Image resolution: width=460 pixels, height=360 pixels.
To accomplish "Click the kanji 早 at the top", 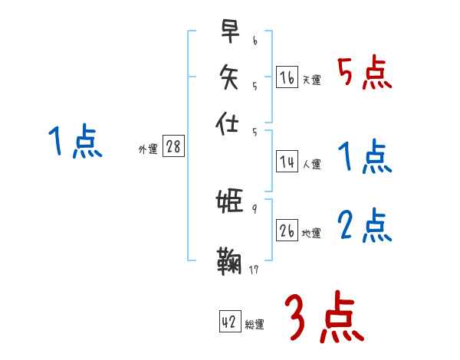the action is [x=228, y=31].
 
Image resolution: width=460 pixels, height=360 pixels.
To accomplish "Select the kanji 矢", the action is [x=228, y=77].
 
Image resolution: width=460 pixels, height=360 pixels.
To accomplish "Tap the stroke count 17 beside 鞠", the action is [x=255, y=269].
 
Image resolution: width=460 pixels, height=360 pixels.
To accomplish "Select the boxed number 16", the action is [x=287, y=77].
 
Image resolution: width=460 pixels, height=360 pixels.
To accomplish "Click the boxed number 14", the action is [x=287, y=162].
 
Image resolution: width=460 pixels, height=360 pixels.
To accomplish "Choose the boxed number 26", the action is [x=287, y=231].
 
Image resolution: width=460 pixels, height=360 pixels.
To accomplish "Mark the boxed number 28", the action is [x=173, y=147].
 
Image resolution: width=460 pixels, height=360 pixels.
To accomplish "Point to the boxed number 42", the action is [x=230, y=322].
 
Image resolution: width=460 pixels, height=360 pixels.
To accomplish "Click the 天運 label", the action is [x=311, y=80].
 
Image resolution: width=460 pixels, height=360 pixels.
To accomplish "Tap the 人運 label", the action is [x=311, y=164].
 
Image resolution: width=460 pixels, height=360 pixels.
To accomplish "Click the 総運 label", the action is [x=255, y=325].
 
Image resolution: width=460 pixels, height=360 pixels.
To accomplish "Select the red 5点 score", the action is [x=364, y=74].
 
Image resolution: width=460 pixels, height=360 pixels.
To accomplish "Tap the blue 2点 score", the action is [x=364, y=226].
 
